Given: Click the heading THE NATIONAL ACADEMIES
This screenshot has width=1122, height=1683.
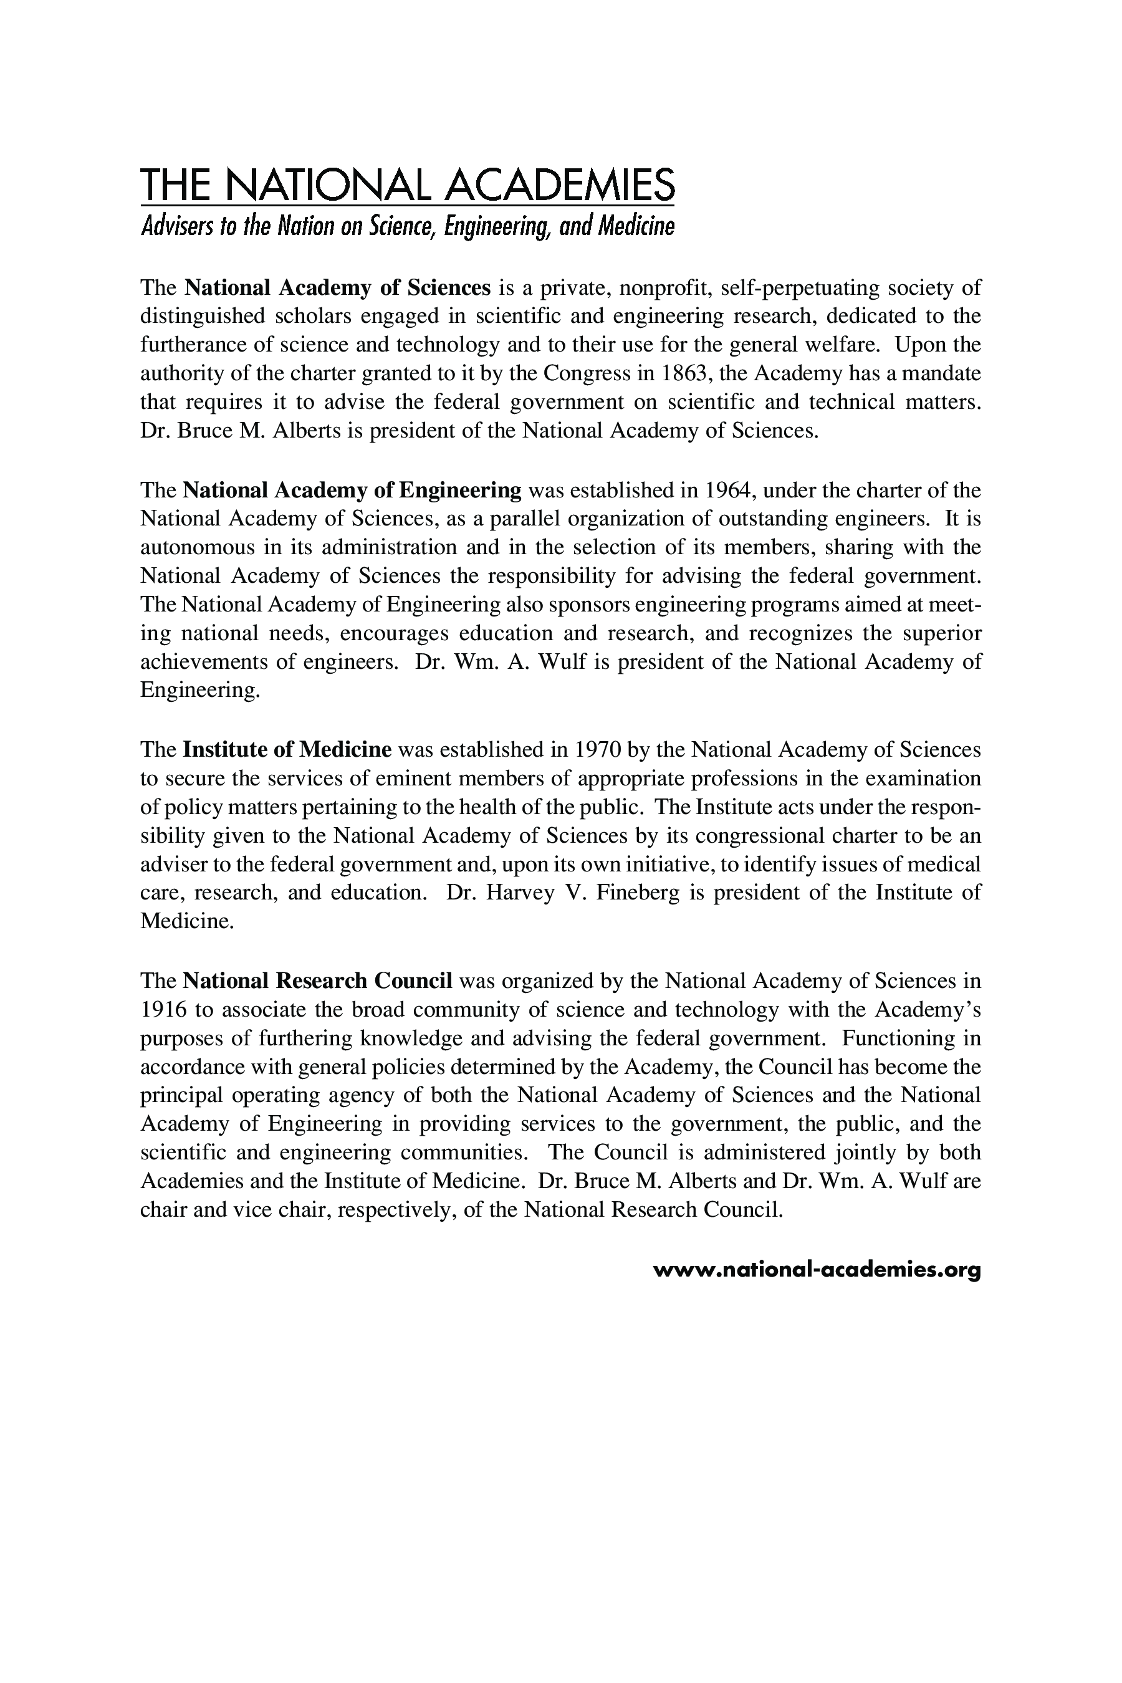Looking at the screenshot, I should [x=407, y=185].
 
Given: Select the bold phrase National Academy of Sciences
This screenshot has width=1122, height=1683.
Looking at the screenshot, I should [x=337, y=287].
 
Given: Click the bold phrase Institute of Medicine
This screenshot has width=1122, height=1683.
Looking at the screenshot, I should [x=287, y=749].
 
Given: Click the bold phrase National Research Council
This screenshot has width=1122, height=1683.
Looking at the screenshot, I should [x=318, y=981].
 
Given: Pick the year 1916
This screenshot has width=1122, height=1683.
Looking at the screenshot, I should [x=164, y=1010].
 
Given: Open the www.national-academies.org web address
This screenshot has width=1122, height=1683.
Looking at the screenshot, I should [x=817, y=1270].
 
